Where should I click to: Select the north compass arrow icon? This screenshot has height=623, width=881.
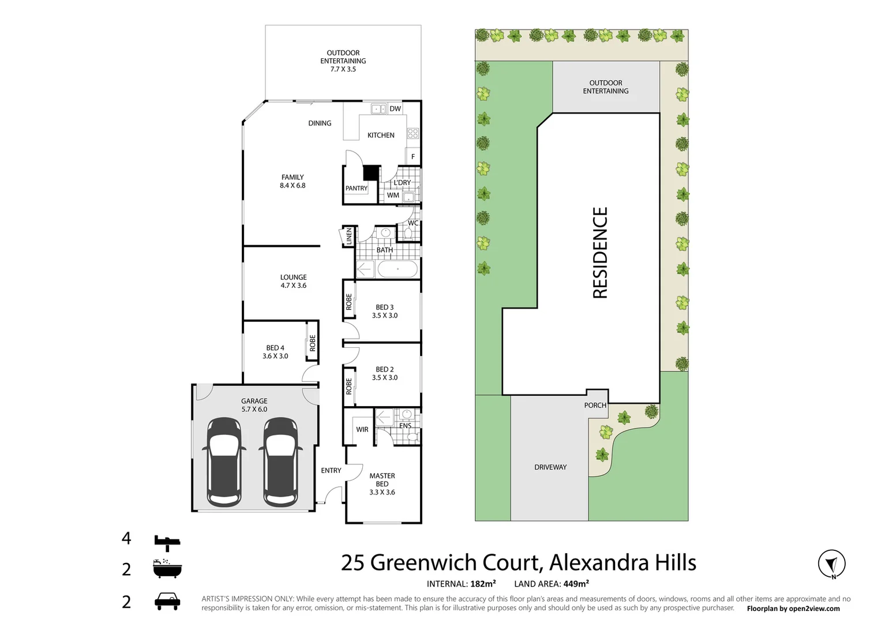831,564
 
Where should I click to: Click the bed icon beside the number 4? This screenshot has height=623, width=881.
167,542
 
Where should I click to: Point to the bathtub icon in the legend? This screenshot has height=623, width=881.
167,569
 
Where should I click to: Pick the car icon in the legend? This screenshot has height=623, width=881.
167,602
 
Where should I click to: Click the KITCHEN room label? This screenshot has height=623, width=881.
381,136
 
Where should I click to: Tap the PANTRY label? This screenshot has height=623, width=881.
356,189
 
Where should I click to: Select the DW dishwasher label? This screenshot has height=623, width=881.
395,109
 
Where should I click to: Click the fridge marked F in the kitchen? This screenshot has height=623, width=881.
413,156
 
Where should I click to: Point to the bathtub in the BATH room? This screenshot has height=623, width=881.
398,269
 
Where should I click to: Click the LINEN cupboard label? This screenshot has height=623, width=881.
349,237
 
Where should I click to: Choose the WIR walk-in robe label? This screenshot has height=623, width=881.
362,430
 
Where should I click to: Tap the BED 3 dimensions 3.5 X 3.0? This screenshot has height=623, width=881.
385,316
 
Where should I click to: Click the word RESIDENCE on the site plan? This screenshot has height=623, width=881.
601,253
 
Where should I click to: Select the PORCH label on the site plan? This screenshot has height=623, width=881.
595,406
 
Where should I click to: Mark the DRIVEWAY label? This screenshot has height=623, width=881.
550,467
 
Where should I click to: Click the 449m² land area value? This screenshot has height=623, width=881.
576,584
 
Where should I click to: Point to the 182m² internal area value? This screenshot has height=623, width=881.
483,584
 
